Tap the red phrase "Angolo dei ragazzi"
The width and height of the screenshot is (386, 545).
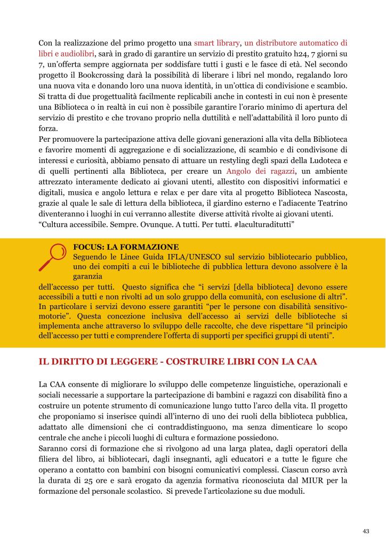pyautogui.click(x=256, y=171)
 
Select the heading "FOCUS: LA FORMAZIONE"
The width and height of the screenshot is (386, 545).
pyautogui.click(x=126, y=247)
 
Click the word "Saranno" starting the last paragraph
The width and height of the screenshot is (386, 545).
pyautogui.click(x=53, y=448)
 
